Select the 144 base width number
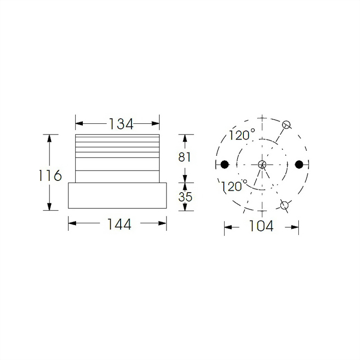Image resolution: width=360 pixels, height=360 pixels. [x=119, y=224]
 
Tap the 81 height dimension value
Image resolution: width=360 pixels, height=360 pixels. [x=185, y=157]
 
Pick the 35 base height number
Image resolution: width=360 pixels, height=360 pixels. [x=185, y=197]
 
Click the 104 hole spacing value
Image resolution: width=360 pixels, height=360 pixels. [x=261, y=227]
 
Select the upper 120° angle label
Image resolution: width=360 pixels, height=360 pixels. [x=241, y=135]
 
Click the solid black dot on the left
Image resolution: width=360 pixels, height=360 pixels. [x=225, y=164]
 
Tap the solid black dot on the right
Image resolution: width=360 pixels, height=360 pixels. [x=299, y=164]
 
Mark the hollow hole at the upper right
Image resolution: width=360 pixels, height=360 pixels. [x=287, y=125]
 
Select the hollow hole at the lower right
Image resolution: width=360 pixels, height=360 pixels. [x=284, y=206]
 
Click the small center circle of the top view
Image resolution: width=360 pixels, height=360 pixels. [x=262, y=164]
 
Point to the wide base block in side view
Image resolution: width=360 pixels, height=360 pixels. [x=117, y=196]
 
